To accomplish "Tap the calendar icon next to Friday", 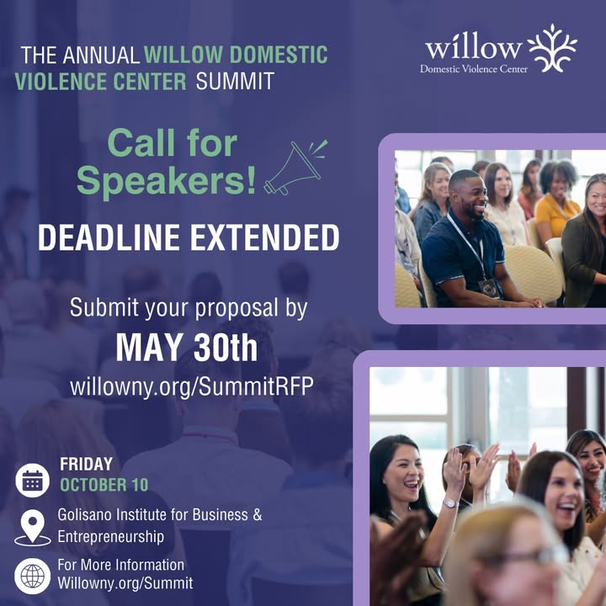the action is tap(33, 481).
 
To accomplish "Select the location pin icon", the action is tap(33, 528).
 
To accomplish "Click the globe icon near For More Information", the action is tap(33, 576).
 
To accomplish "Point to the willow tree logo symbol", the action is tap(552, 48).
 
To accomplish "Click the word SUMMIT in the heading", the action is tap(235, 81).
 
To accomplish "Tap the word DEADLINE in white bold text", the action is tap(109, 237).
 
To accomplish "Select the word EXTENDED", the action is tap(265, 237).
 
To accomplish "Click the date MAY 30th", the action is tap(187, 348).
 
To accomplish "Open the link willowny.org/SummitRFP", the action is tap(192, 386).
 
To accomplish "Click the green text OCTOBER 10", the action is tap(104, 485).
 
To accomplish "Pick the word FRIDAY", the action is tap(86, 464).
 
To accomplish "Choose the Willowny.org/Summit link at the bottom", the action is tap(125, 583).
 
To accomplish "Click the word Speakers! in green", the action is tap(167, 181).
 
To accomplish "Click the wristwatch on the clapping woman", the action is tap(449, 503).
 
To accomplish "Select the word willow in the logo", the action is tap(474, 48).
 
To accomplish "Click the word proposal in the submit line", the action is tap(237, 308).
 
